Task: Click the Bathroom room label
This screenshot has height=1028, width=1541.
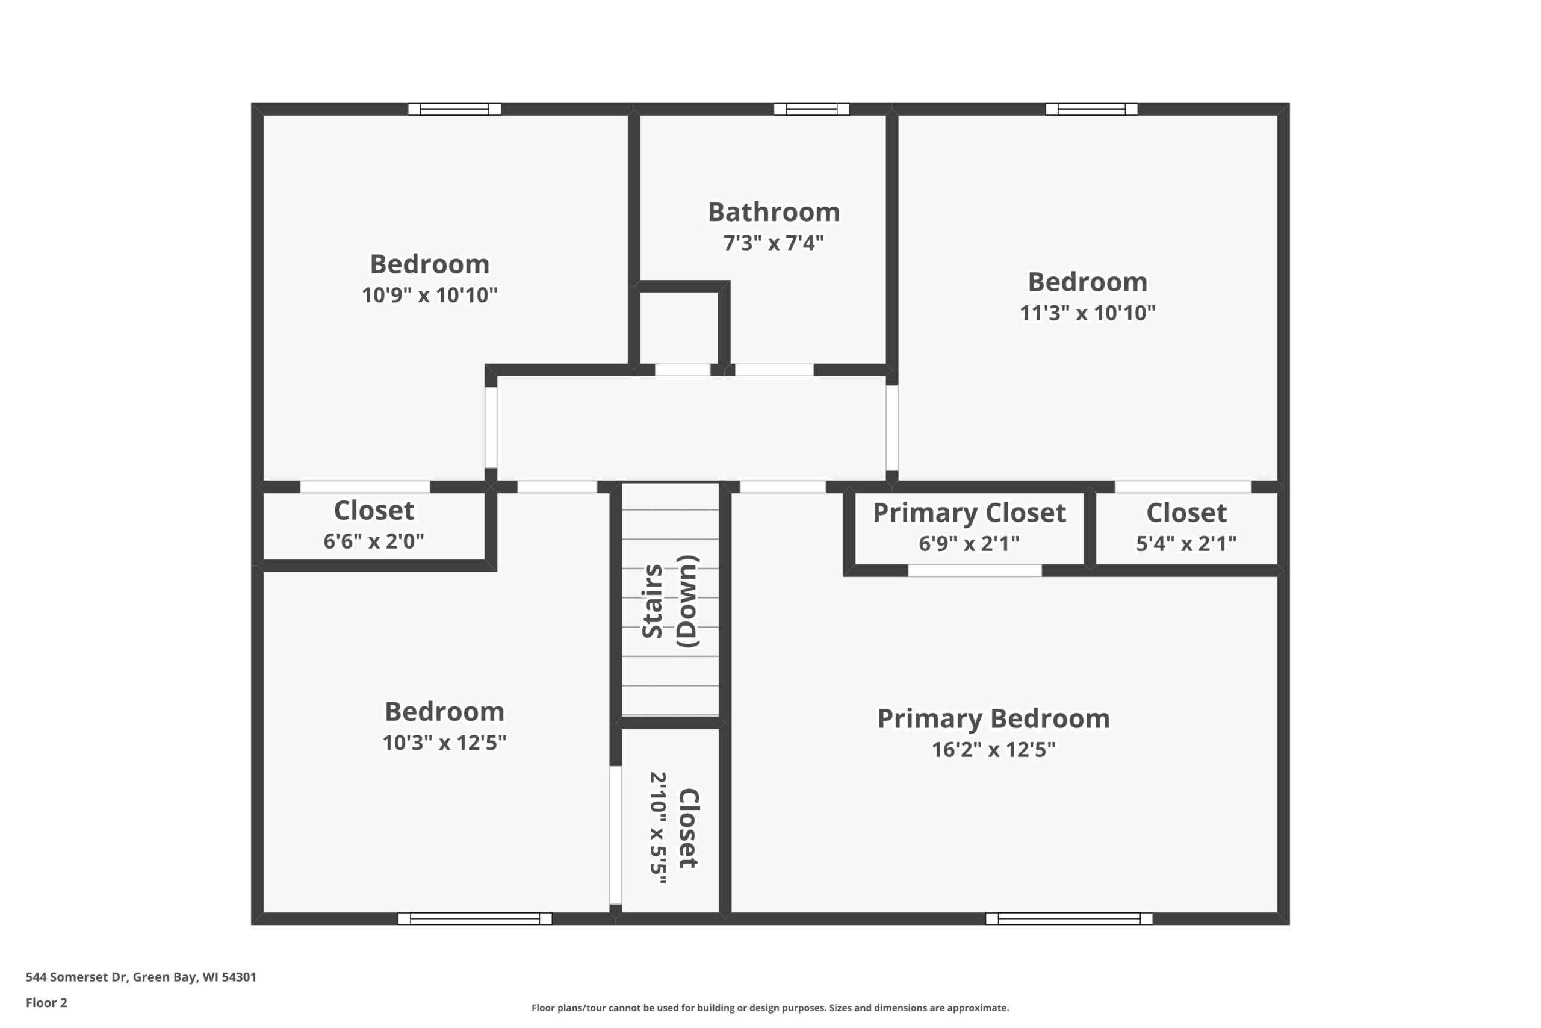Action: tap(774, 212)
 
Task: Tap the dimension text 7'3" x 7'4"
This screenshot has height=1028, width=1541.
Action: tap(774, 243)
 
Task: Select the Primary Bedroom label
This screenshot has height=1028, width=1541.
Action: tap(993, 719)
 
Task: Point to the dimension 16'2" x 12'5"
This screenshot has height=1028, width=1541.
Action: tap(993, 749)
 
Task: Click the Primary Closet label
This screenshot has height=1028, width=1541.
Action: tap(969, 513)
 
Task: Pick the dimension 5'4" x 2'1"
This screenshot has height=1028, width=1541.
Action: tap(1186, 543)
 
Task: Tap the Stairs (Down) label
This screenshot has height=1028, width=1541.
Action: tap(669, 601)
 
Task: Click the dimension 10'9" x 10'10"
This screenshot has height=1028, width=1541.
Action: tap(429, 295)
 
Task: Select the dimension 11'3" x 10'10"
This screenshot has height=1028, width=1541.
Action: tap(1087, 313)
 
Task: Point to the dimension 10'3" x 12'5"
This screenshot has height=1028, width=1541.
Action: tap(444, 743)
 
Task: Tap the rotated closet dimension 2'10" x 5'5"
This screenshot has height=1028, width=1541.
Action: tap(658, 827)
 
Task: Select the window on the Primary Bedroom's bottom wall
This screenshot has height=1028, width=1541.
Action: tap(1068, 918)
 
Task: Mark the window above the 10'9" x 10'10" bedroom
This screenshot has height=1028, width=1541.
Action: tap(454, 109)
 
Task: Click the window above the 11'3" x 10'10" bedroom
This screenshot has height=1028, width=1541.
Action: tap(1091, 109)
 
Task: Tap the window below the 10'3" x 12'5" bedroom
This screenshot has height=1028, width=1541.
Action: tap(474, 918)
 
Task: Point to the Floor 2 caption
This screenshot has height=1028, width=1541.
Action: tap(46, 1003)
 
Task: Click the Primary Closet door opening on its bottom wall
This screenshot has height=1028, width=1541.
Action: tap(975, 570)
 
